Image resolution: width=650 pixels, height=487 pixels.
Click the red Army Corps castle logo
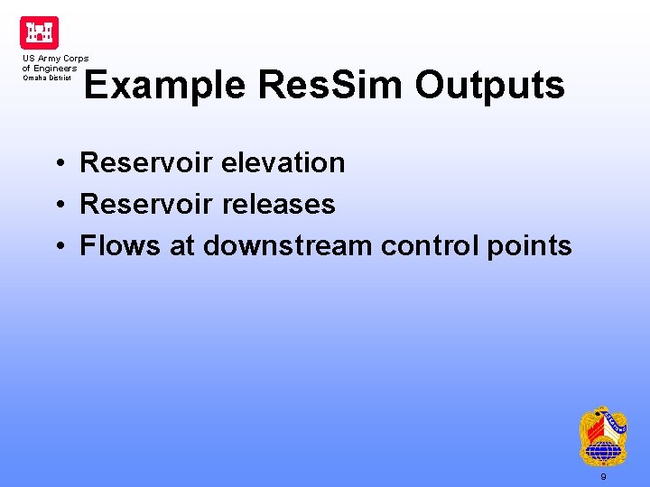click(x=39, y=32)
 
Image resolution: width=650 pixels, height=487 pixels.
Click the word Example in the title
click(x=165, y=86)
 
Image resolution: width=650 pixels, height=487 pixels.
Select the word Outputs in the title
click(x=490, y=86)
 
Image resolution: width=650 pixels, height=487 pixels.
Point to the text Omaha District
click(x=47, y=78)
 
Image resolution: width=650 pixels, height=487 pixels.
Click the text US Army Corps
click(x=55, y=59)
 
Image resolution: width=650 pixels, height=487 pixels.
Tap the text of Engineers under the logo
click(x=50, y=68)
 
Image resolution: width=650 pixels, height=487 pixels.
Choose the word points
click(x=528, y=246)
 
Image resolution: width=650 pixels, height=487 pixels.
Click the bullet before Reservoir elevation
click(x=57, y=164)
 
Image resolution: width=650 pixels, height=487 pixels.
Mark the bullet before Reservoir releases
click(x=57, y=206)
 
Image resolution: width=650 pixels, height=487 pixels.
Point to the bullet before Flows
click(x=57, y=247)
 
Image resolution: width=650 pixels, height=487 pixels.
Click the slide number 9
click(x=603, y=476)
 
